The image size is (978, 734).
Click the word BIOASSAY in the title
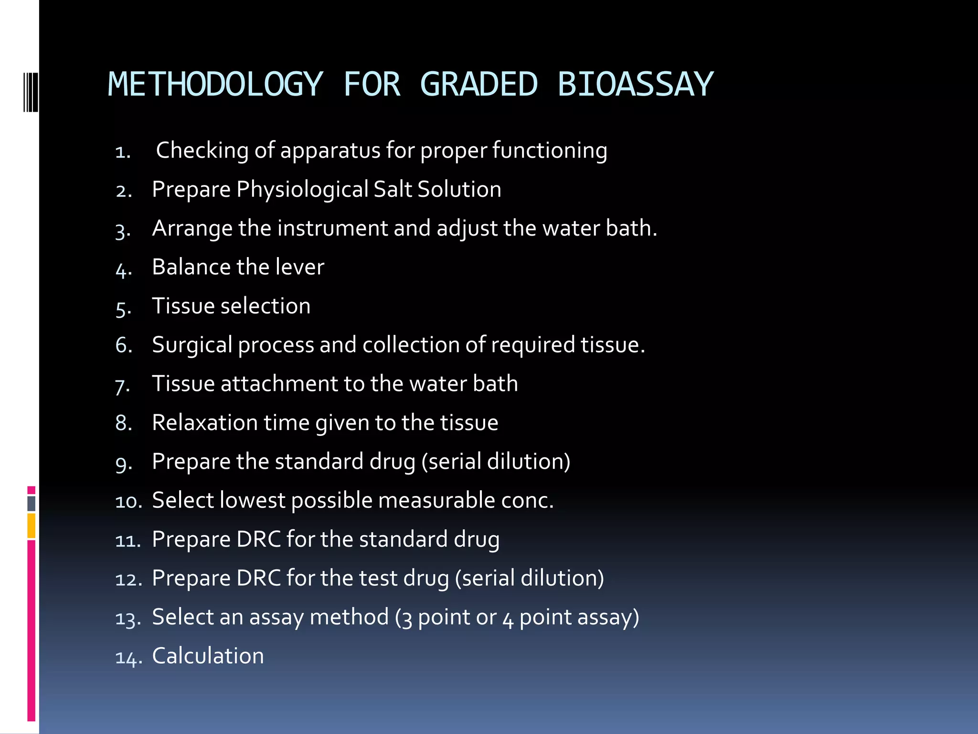tap(635, 85)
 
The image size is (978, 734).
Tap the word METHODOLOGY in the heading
tap(215, 85)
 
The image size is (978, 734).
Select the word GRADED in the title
tap(479, 85)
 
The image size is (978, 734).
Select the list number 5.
tap(123, 308)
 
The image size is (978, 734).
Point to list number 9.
tap(123, 464)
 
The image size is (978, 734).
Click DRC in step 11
tap(259, 540)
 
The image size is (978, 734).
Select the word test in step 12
tap(378, 578)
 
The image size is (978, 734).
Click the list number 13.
tap(128, 619)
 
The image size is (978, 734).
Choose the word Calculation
tap(208, 656)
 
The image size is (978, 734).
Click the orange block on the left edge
tap(32, 526)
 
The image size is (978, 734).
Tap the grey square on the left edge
tap(32, 503)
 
